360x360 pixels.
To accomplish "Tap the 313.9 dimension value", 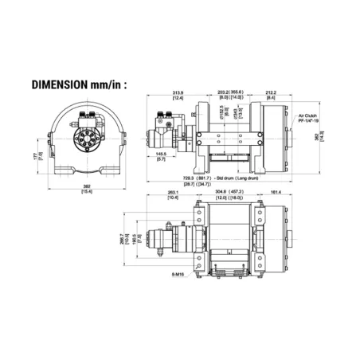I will click(x=178, y=92).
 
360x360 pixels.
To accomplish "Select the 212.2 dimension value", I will click(x=272, y=92).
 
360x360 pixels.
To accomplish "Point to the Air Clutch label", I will click(x=307, y=116).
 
